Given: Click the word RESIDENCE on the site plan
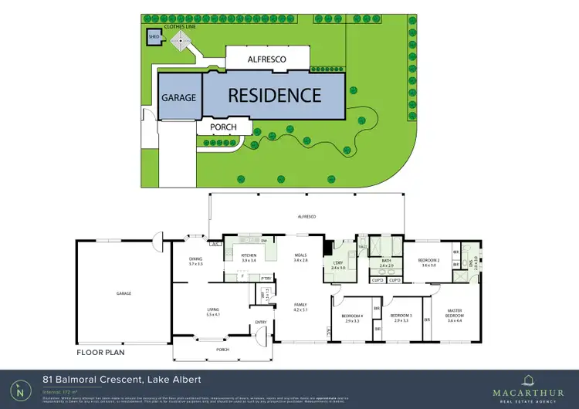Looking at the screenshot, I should coord(274,96).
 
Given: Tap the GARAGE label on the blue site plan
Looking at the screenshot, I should coord(178,98).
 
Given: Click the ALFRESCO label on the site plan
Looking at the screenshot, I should coord(267,58).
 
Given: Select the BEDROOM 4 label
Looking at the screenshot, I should coord(352,316).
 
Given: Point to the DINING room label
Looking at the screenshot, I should coord(196,260).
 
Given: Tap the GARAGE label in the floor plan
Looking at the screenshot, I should coord(124,293).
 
